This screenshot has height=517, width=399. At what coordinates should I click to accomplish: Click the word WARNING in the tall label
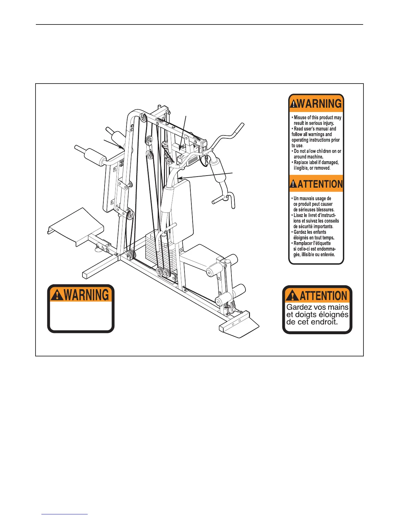319,104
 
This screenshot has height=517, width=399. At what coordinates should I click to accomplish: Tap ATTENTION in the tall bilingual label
320,184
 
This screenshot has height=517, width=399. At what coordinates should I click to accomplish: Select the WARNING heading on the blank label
86,295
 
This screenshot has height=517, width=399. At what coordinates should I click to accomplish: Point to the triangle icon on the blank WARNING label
57,295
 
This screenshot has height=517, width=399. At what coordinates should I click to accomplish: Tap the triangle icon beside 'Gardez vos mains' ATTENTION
292,296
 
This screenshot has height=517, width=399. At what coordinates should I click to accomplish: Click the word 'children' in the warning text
327,151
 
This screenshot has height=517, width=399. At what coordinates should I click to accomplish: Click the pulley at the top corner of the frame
143,117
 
